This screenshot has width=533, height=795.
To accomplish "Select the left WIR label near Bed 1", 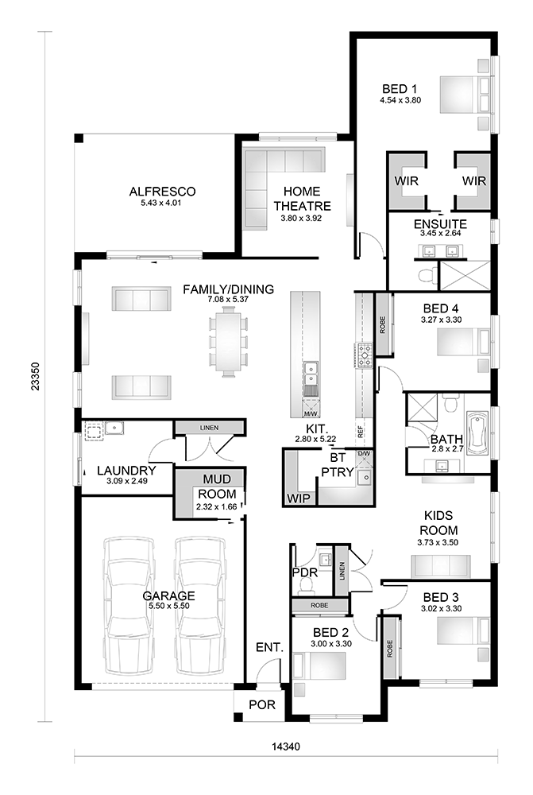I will [406, 181].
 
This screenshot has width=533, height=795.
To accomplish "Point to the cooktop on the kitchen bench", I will [365, 355].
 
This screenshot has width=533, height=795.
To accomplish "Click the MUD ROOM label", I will [216, 486].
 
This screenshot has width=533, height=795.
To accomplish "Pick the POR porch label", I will [261, 704].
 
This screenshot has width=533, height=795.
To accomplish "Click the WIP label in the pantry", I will [298, 498].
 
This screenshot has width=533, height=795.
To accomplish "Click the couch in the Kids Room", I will [441, 566].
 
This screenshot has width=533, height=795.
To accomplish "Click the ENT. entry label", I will [269, 648].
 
